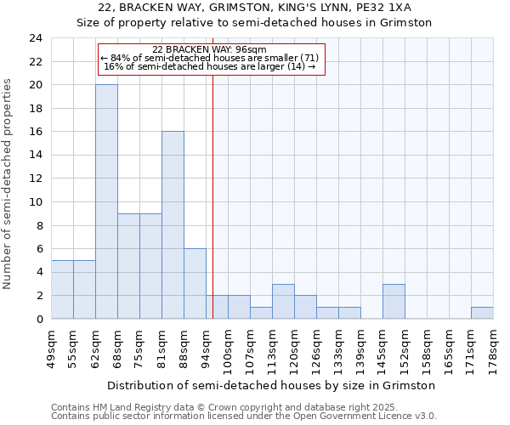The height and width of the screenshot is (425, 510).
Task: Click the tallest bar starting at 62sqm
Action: (x=106, y=201)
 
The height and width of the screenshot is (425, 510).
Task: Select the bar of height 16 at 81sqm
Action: (x=173, y=225)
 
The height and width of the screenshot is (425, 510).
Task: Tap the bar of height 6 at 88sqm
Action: (x=195, y=284)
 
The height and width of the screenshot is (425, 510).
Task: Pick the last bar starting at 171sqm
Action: (x=482, y=313)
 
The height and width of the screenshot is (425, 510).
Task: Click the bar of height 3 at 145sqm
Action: (x=394, y=302)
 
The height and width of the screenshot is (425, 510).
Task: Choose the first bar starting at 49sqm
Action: (x=62, y=290)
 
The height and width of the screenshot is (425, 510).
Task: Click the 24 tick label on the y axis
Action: (x=36, y=38)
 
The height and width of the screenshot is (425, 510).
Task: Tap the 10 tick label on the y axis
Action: (x=36, y=202)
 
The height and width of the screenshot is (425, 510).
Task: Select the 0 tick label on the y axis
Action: (x=39, y=320)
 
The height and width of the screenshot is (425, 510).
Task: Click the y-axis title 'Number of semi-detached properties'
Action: (x=9, y=184)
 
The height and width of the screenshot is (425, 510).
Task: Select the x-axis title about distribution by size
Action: (x=271, y=385)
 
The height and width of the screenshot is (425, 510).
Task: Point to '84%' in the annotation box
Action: (x=118, y=58)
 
